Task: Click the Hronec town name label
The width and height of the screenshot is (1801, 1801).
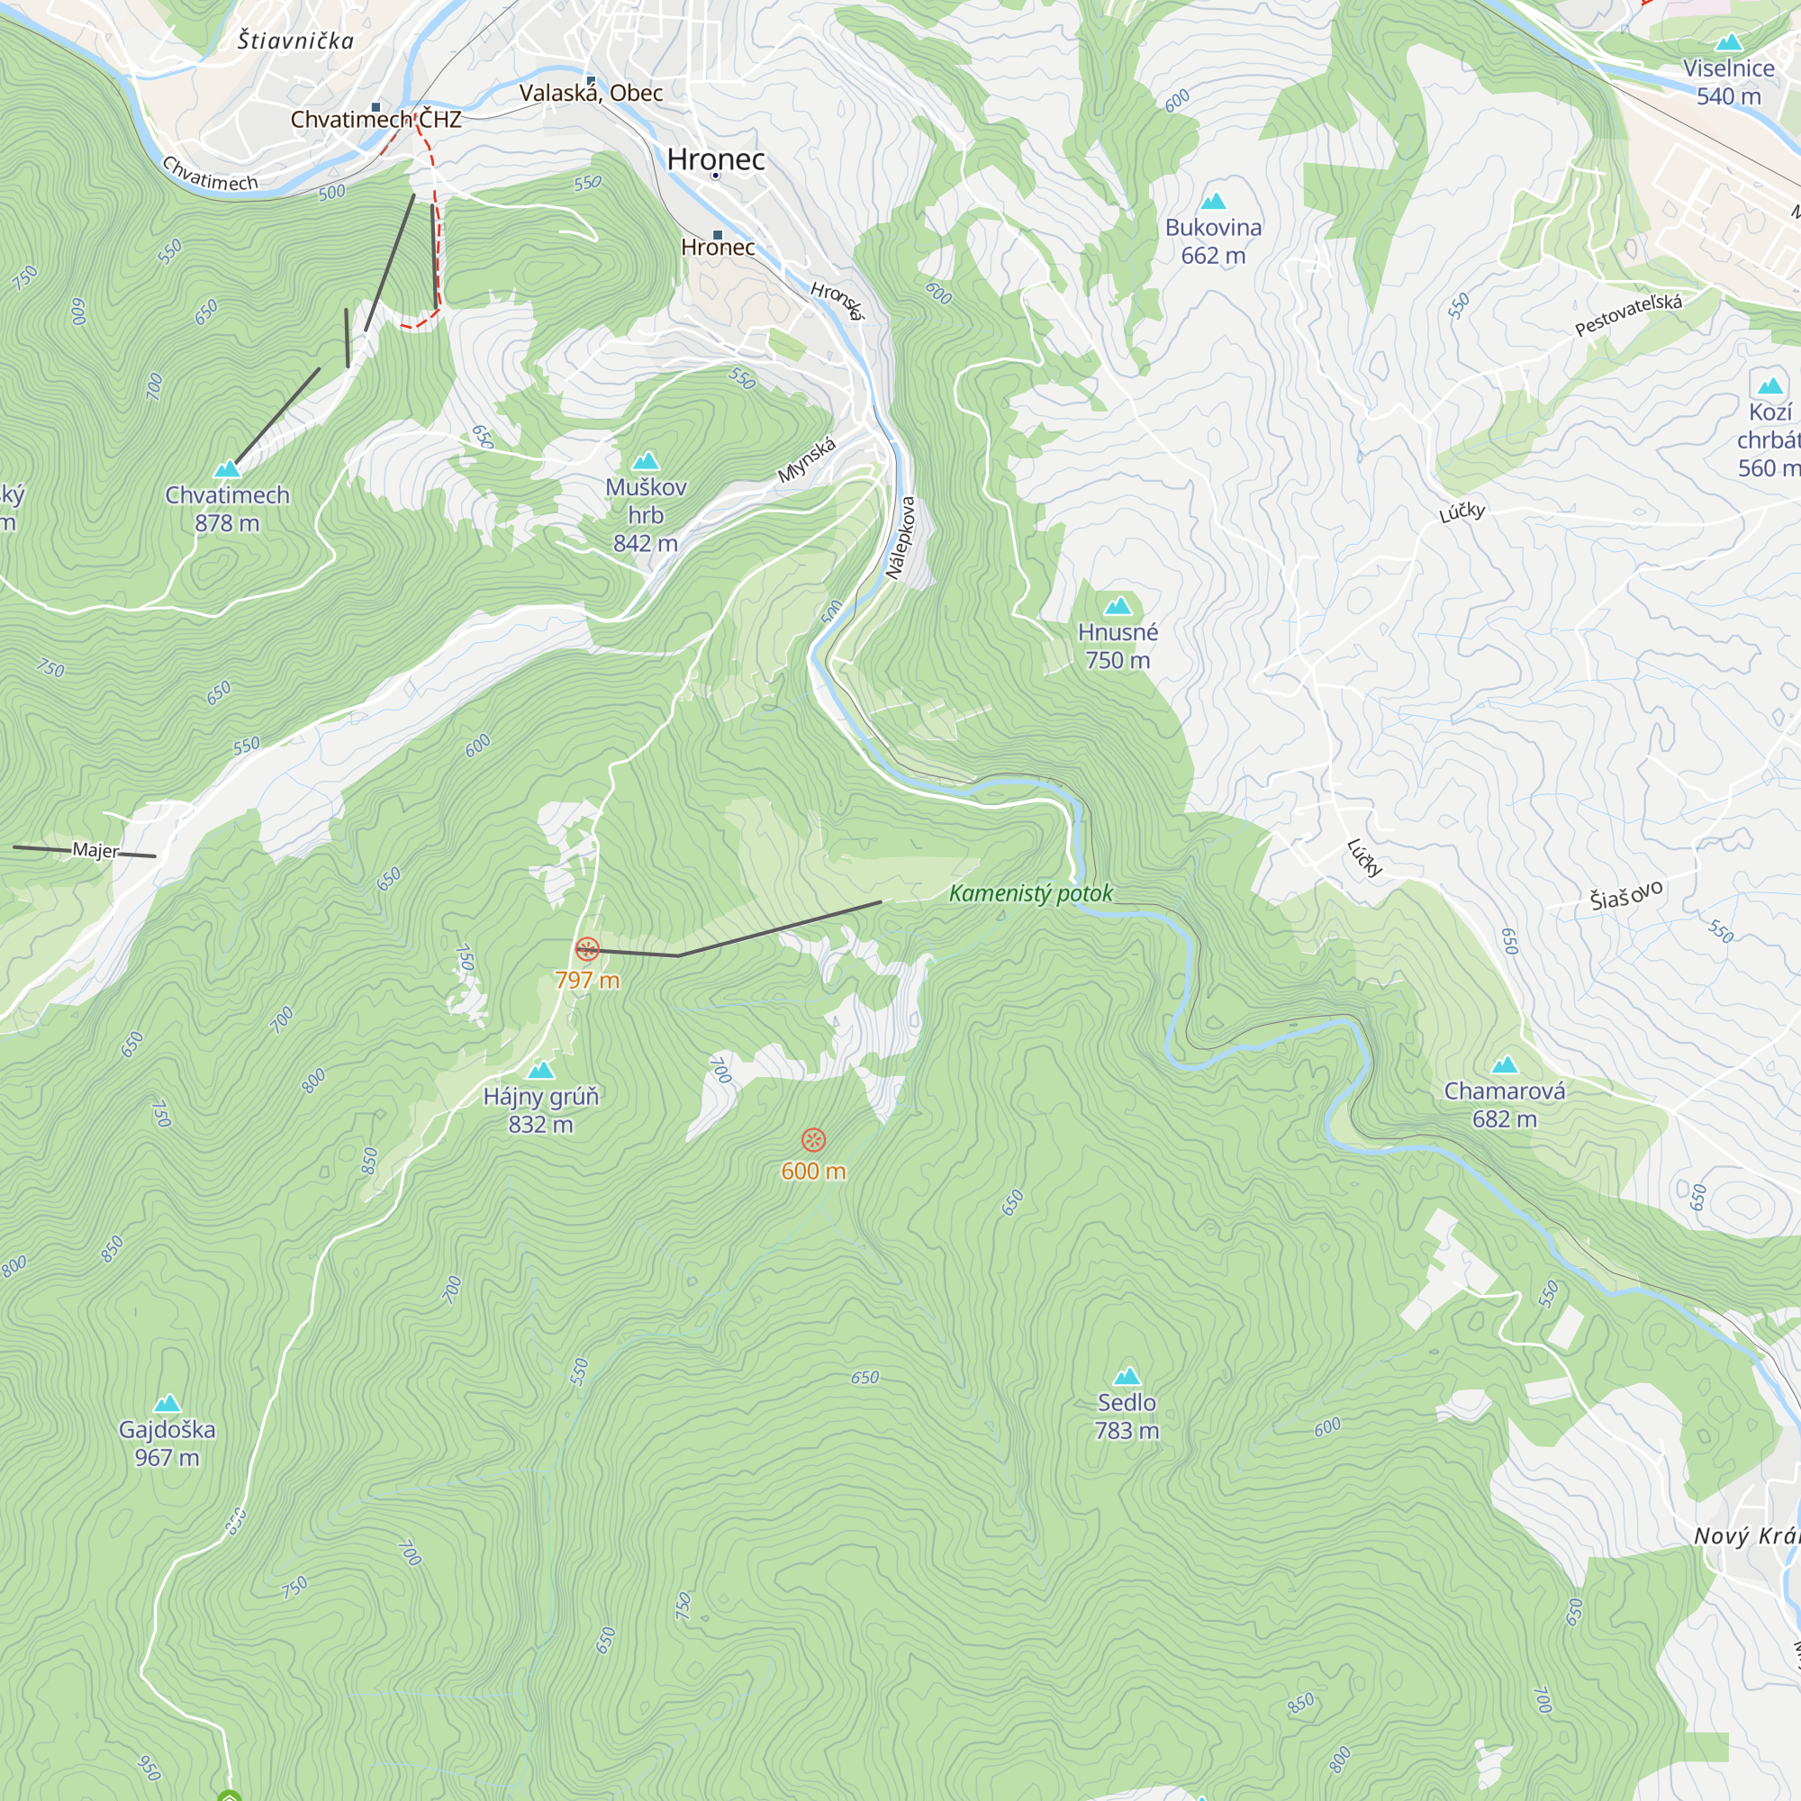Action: [716, 159]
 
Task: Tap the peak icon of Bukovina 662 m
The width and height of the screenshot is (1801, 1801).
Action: [1213, 202]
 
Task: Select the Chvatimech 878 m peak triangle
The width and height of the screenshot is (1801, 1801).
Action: [228, 469]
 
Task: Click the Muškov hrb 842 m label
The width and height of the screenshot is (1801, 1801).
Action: [645, 514]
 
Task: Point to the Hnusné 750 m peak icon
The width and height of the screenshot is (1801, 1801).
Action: [1118, 607]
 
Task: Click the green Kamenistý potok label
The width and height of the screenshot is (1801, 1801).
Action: [1030, 893]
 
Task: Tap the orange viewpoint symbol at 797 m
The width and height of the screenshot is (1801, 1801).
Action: [587, 949]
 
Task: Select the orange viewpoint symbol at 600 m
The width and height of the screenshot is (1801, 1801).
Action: [814, 1139]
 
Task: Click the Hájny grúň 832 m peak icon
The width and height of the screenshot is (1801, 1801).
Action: [540, 1070]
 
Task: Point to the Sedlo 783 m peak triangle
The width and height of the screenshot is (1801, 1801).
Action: [1127, 1376]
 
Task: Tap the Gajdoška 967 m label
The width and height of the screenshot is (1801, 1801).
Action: [167, 1443]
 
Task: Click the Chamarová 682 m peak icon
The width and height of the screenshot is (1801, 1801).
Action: [1505, 1064]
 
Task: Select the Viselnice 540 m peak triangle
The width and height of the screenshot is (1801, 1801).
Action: [1729, 42]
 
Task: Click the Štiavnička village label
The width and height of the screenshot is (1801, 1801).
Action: [295, 41]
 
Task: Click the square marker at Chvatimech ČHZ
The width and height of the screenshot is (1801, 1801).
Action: [376, 107]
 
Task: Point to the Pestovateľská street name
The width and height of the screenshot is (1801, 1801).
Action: [1628, 315]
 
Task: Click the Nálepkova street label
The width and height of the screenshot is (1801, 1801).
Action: [901, 537]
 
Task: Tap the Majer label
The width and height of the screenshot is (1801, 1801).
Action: [95, 850]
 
